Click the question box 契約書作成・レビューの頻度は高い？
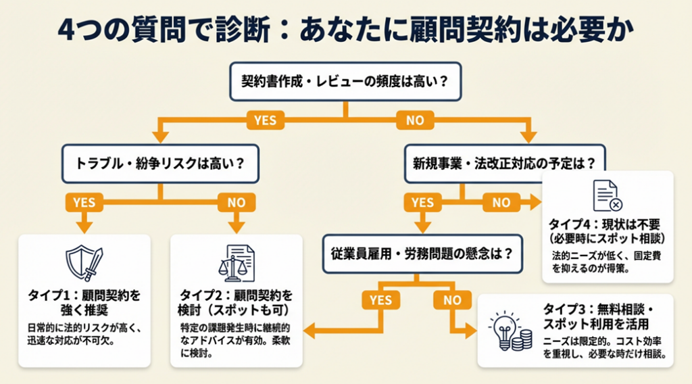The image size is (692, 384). coord(346,82)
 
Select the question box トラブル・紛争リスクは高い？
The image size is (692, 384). coord(160,163)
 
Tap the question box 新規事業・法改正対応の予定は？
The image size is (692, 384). coord(504,163)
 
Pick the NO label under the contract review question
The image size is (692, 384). coord(415,121)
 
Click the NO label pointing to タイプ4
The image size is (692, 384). coord(501,202)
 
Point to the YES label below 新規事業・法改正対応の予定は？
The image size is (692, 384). coord(422,202)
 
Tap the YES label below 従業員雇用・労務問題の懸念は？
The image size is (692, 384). coord(381,299)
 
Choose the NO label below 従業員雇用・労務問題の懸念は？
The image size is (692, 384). coord(452,299)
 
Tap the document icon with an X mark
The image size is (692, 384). coord(607,195)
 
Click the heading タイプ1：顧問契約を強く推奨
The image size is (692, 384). coord(84,303)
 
